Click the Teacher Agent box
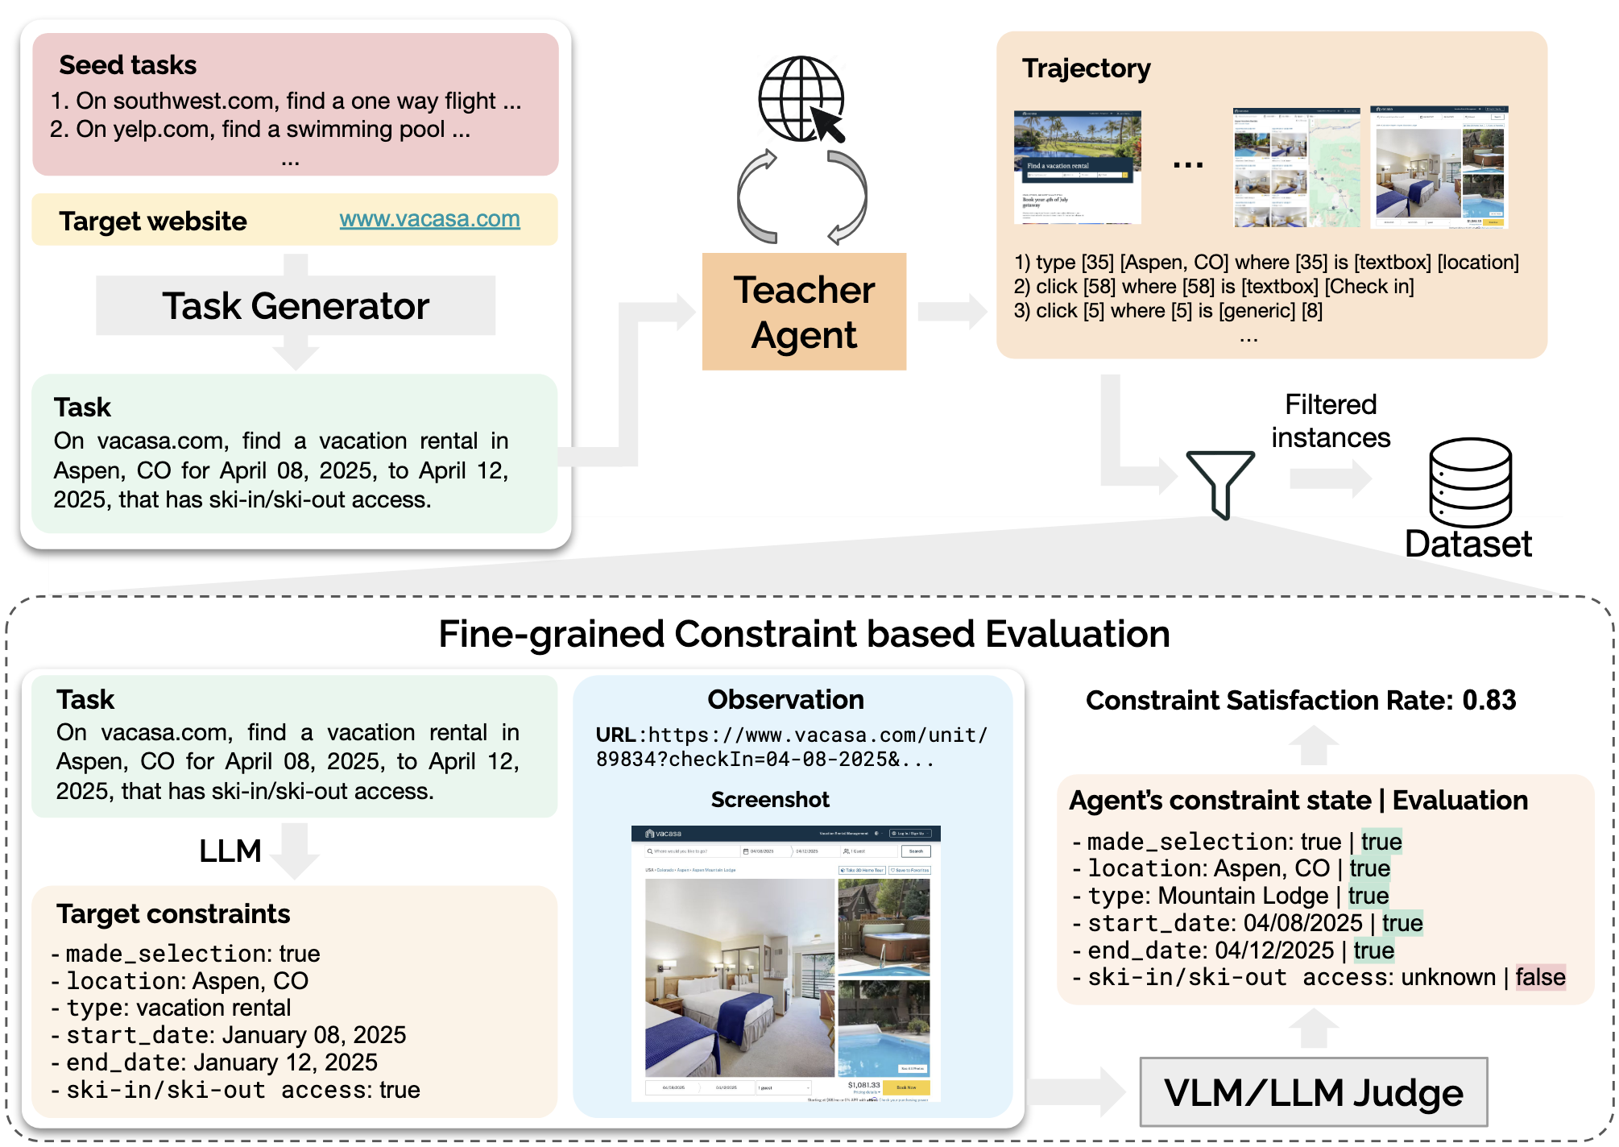(x=803, y=312)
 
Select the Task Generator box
(x=295, y=306)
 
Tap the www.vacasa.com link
(x=429, y=219)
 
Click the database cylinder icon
(x=1470, y=482)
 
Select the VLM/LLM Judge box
(x=1313, y=1093)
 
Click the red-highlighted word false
(x=1540, y=977)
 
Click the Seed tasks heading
(x=127, y=65)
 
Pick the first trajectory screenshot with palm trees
(x=1077, y=167)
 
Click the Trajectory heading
(x=1086, y=68)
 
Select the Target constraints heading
(x=173, y=914)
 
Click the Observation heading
(x=785, y=699)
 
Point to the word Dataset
(x=1468, y=545)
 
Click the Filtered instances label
(x=1331, y=421)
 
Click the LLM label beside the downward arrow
(x=230, y=851)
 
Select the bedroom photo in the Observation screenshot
(x=739, y=977)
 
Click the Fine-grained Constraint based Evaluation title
(x=804, y=634)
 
